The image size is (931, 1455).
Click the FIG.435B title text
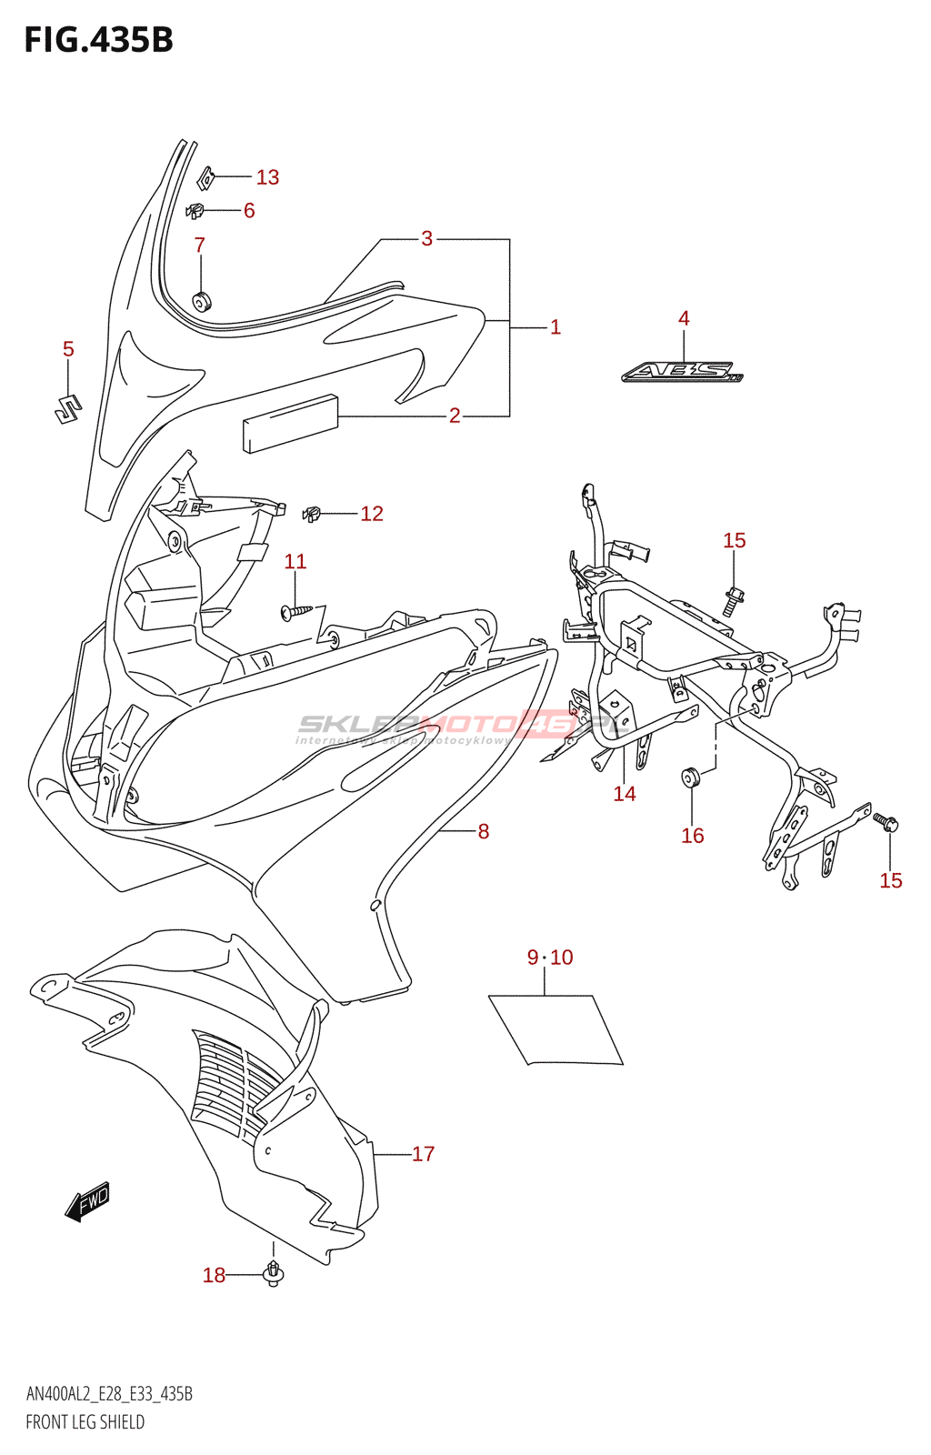coord(98,40)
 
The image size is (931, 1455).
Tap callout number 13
coord(267,177)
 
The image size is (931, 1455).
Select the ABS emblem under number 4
coord(683,372)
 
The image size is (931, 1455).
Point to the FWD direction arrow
coord(88,1201)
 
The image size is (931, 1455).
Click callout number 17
coord(424,1154)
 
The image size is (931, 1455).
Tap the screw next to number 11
coord(298,611)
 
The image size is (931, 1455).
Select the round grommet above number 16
coord(691,778)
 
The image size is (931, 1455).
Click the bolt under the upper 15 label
coord(734,599)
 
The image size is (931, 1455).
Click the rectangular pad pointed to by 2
coord(290,423)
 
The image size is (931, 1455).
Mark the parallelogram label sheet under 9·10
coord(556,1029)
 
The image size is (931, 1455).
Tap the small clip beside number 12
coord(313,514)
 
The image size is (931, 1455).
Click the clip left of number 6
coord(195,211)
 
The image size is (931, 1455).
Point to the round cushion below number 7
coord(201,301)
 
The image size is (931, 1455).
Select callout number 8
coord(484,831)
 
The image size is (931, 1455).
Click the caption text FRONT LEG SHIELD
coord(85,1422)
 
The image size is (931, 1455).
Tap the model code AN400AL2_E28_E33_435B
coord(109,1394)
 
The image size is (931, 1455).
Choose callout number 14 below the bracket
coord(625,794)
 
